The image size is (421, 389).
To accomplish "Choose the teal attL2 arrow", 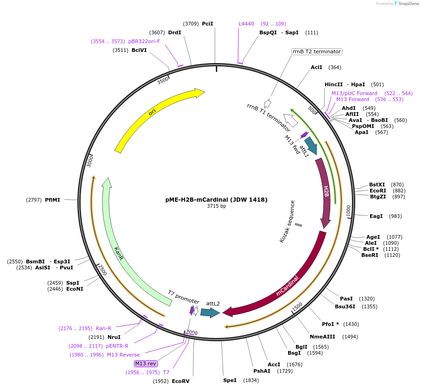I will coord(209,313).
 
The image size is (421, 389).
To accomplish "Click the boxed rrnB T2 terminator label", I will coord(317,51).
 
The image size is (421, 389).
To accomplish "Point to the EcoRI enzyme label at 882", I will coord(378,191).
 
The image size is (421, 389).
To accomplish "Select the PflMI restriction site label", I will coord(52,200).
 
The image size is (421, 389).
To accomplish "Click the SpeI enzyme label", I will coord(230,380).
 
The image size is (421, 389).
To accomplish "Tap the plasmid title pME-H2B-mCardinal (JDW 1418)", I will coord(216,200).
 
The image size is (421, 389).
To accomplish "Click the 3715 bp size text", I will coord(216,206).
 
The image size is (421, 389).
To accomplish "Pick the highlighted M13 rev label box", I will coord(145,363).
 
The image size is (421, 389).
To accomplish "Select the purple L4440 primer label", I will coord(246,24).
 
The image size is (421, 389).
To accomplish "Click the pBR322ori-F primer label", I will coord(144,41).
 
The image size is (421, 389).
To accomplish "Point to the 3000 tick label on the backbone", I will coord(91,162).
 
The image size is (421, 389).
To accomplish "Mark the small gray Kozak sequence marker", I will coord(298,225).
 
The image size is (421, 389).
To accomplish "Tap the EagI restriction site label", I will coord(376,216).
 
